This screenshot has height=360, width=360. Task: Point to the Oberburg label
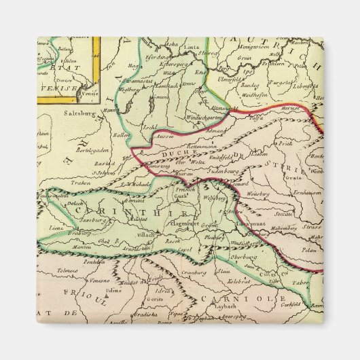(243, 257)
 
